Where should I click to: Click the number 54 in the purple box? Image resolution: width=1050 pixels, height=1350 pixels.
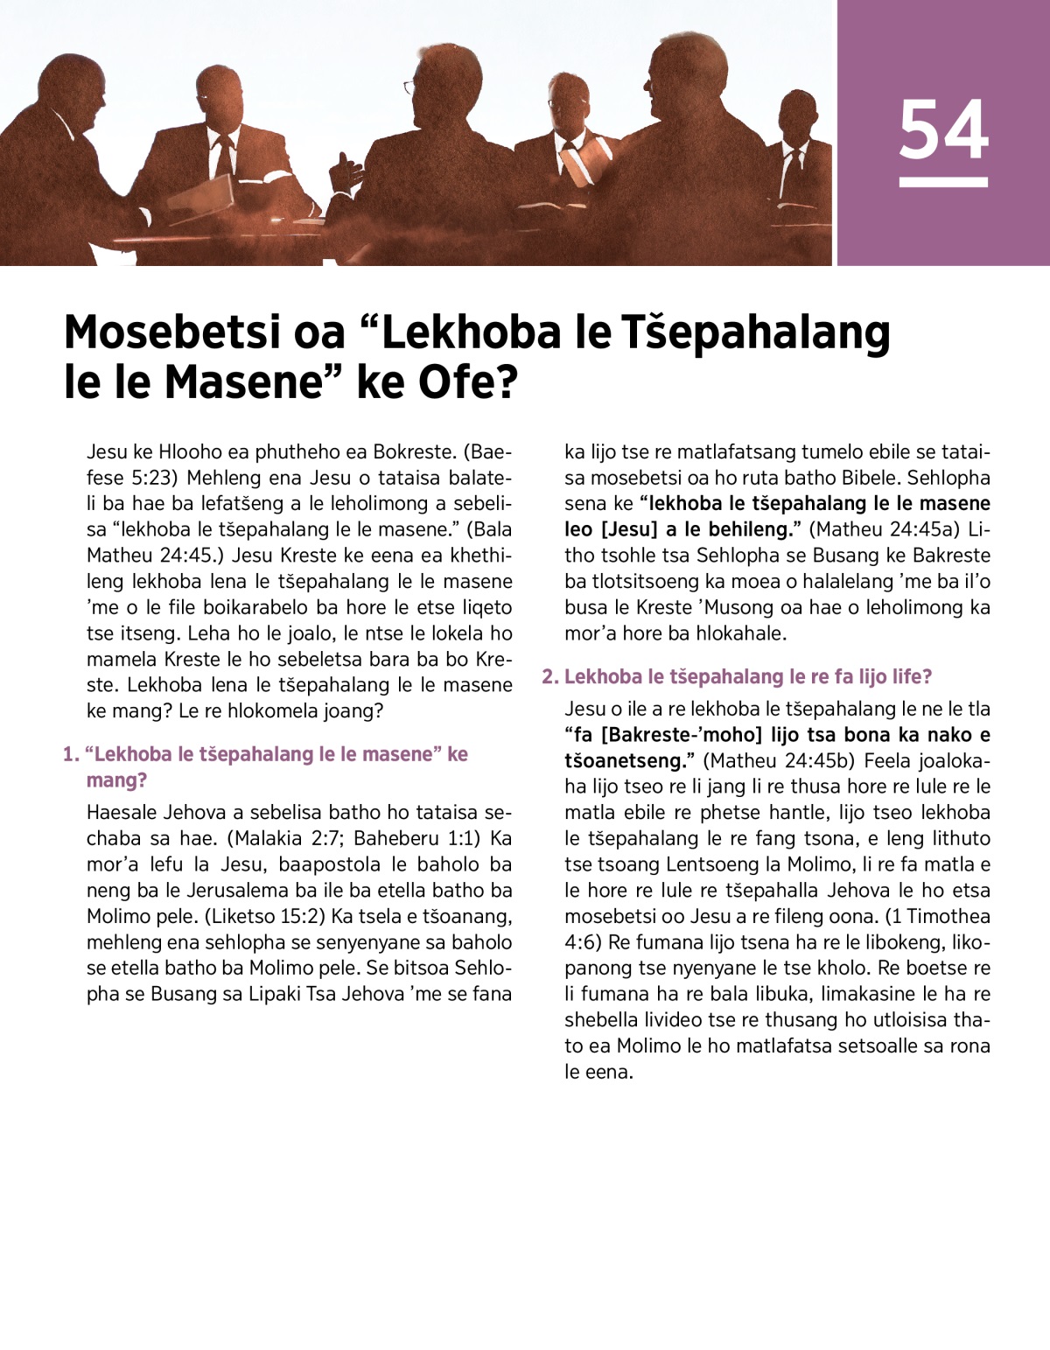coord(943,129)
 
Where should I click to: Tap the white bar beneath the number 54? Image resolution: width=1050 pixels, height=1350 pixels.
coord(943,182)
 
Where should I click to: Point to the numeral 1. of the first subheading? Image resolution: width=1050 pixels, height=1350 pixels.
coord(71,754)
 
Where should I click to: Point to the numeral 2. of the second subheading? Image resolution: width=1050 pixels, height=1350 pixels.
coord(549,676)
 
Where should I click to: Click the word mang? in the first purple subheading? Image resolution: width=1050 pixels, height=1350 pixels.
coord(116,780)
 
